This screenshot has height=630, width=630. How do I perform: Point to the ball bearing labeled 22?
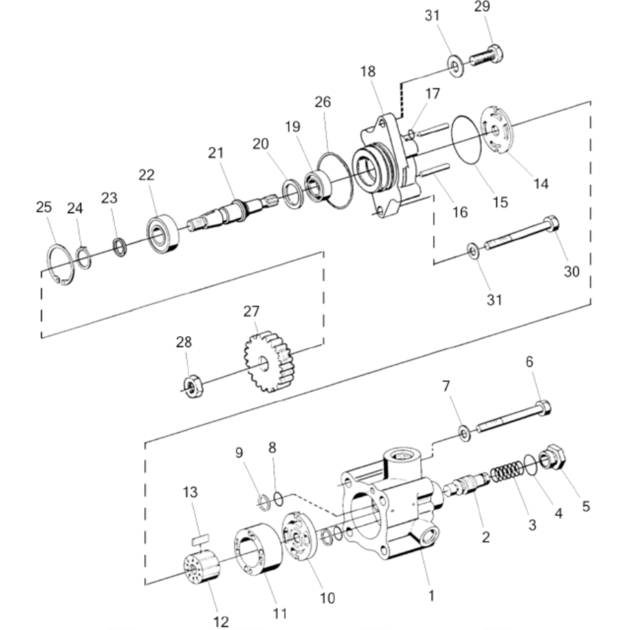click(x=163, y=234)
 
